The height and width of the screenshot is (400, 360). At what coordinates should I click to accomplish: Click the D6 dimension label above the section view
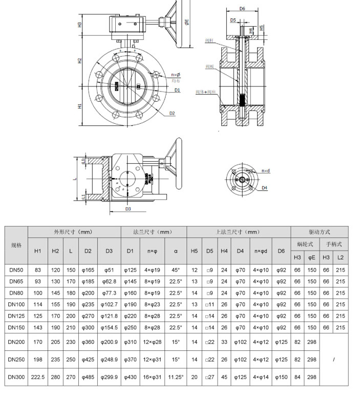pos(242,9)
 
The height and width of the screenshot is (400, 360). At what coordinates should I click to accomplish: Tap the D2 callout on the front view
pos(172,113)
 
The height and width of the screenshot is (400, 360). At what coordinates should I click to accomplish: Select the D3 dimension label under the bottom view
pos(128,209)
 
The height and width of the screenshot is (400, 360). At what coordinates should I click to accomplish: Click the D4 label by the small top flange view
pos(265,188)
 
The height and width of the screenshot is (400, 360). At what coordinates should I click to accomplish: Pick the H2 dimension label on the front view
pos(80,60)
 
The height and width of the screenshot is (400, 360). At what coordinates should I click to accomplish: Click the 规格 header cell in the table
pos(16,245)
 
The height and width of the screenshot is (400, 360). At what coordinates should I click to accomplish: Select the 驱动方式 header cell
pos(320,232)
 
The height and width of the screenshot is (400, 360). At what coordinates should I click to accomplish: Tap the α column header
pos(176,251)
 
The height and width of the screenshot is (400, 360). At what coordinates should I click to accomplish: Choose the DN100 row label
pos(16,304)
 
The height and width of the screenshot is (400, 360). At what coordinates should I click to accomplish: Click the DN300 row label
pos(16,377)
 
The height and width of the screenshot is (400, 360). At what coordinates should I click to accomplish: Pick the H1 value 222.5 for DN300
pos(38,377)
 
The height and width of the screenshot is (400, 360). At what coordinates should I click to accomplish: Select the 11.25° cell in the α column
pos(176,377)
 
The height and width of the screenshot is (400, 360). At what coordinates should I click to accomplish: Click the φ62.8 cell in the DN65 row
pos(109,281)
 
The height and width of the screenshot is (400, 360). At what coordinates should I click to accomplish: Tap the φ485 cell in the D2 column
pos(88,377)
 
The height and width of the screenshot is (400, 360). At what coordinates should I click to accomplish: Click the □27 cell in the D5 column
pos(210,377)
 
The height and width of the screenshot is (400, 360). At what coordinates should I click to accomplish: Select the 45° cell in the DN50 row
pos(176,269)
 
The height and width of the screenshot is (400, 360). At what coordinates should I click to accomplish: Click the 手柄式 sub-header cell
pos(334,245)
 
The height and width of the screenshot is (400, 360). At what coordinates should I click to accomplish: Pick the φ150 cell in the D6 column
pos(281,377)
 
